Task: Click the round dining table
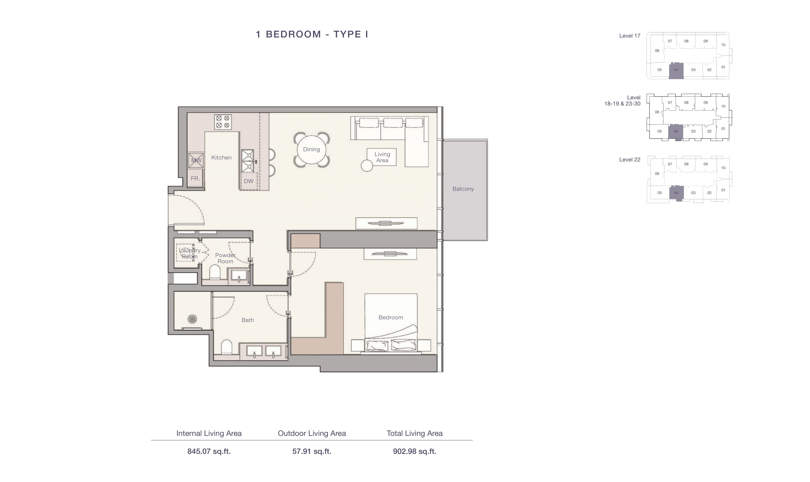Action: [311, 149]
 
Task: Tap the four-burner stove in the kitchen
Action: [223, 122]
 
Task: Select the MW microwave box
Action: [196, 160]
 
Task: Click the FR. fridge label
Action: [195, 178]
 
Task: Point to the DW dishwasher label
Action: [249, 181]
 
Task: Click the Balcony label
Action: [463, 189]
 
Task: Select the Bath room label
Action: [248, 320]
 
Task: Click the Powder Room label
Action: [226, 258]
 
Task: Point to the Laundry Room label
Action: [190, 253]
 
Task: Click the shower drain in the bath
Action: [192, 319]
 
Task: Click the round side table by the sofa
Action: [367, 166]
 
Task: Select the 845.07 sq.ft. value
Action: [209, 451]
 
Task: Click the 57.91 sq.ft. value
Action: [311, 451]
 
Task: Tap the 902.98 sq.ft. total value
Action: [414, 451]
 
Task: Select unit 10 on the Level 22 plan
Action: [723, 168]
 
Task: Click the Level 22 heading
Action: [630, 159]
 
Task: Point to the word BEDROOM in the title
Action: [293, 34]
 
